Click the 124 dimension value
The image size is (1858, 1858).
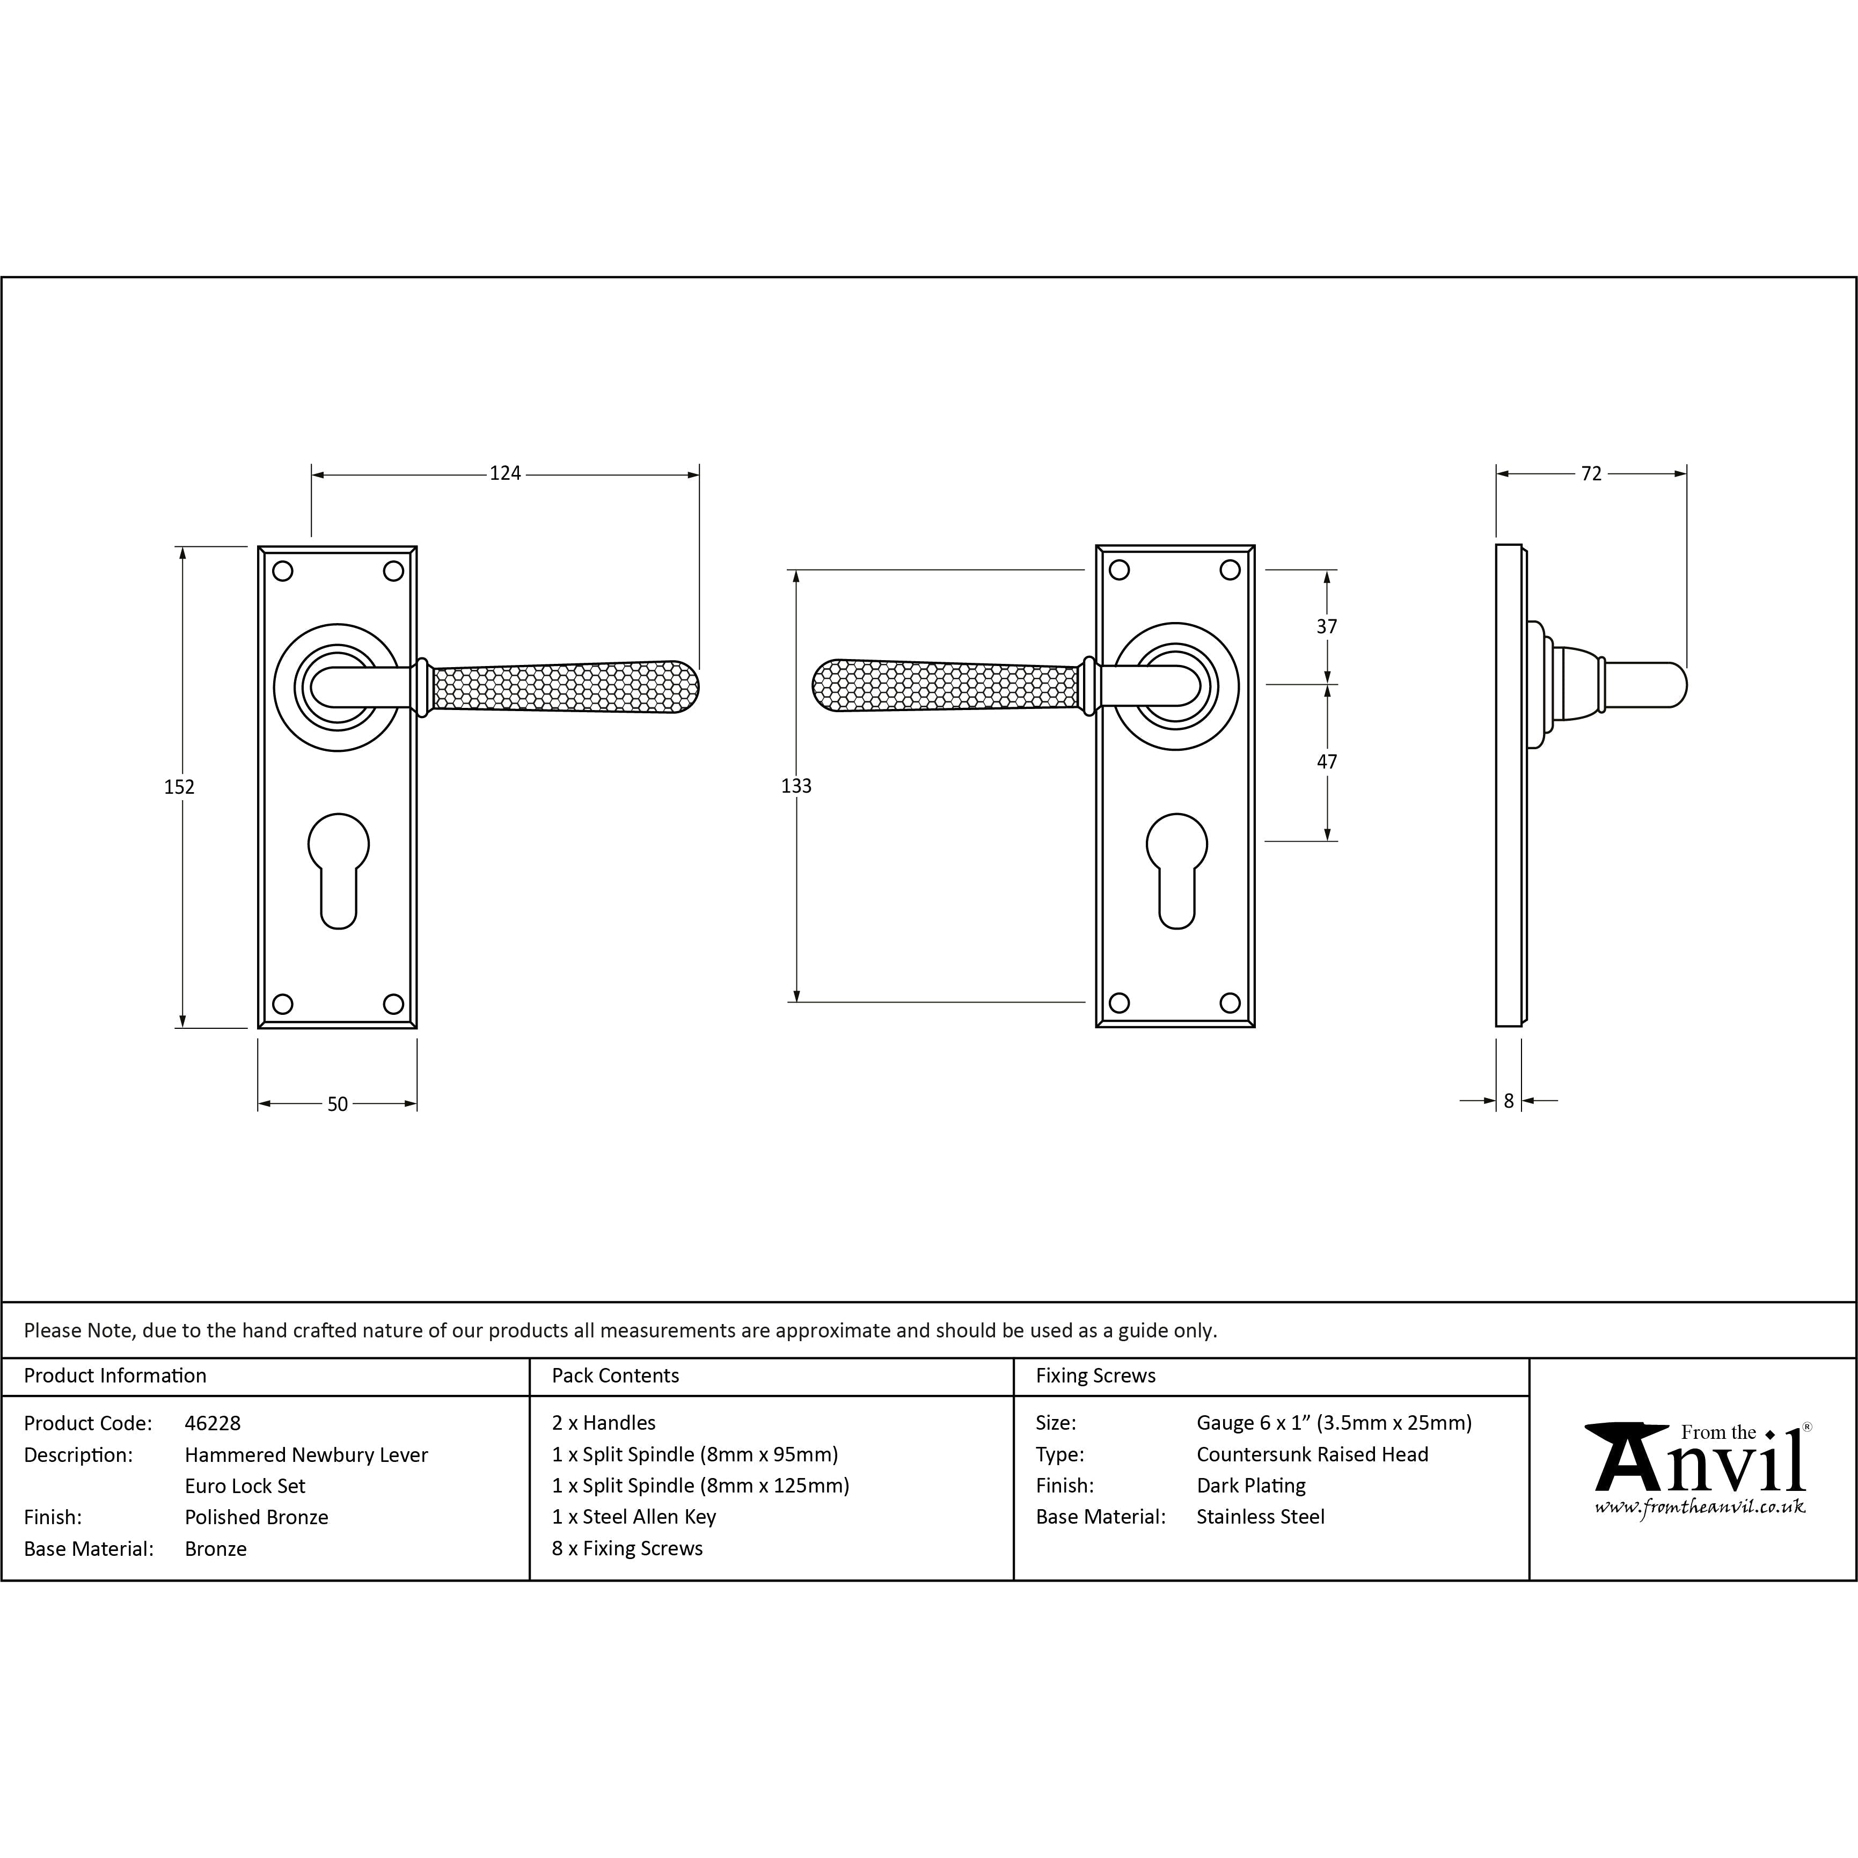(505, 473)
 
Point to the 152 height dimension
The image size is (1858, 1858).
(179, 787)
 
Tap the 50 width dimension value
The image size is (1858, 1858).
(338, 1104)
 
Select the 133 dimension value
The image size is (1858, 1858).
(796, 786)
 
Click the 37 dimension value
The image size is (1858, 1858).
(1327, 626)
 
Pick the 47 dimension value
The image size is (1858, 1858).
(1327, 760)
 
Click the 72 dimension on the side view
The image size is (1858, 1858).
(1592, 473)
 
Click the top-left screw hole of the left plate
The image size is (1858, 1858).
(283, 571)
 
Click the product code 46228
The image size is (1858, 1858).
(213, 1422)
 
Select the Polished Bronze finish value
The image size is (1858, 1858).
(257, 1517)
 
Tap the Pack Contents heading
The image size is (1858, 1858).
(616, 1375)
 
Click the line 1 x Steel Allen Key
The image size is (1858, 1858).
(634, 1517)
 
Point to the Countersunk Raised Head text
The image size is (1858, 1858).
(1313, 1454)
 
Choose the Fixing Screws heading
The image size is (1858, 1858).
(1095, 1375)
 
